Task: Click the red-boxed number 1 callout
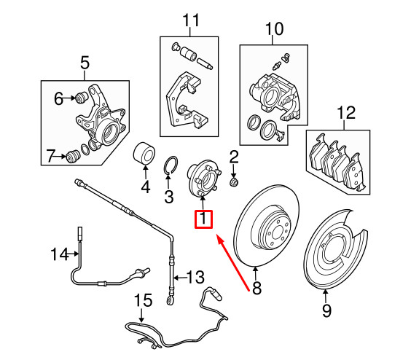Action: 203,218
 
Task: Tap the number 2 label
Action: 234,156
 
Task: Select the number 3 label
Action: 168,196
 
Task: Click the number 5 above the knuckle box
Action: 84,64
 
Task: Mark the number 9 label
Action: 326,311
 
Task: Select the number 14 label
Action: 58,254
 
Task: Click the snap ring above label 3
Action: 171,167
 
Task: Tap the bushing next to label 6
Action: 81,97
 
